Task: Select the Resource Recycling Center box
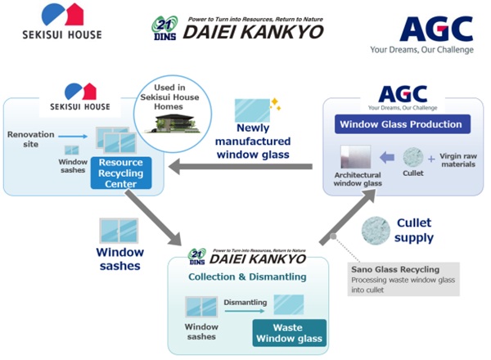121,172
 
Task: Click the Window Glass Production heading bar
399,124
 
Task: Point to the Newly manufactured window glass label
264,140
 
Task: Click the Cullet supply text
414,230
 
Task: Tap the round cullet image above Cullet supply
382,230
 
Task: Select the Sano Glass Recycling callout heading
394,268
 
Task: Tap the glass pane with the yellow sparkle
255,110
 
